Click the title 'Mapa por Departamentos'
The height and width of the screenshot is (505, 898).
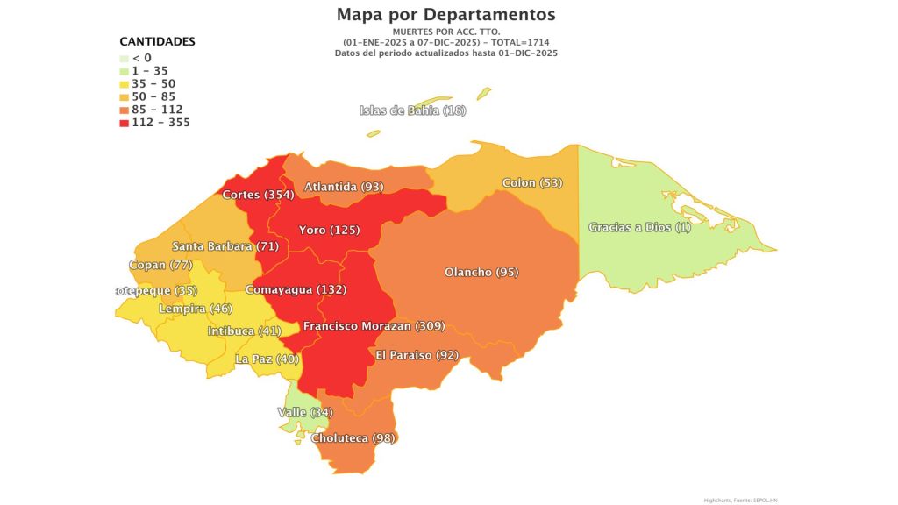(x=445, y=15)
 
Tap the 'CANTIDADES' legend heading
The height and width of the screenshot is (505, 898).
(x=157, y=42)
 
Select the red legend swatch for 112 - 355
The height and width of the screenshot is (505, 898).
(x=125, y=123)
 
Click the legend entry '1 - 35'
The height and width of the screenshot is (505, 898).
(x=150, y=71)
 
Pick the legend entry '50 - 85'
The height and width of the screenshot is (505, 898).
(x=153, y=96)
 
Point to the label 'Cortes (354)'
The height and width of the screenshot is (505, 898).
(x=258, y=195)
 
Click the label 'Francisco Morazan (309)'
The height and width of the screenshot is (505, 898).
(x=374, y=326)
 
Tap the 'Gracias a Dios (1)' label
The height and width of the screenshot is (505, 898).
(x=639, y=227)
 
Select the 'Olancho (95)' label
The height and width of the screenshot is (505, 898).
(x=481, y=272)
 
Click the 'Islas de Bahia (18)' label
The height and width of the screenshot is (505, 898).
(x=413, y=110)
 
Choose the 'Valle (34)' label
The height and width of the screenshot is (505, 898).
(x=305, y=412)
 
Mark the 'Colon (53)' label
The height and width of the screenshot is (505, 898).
(x=532, y=183)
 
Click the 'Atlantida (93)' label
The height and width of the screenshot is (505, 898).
(x=344, y=187)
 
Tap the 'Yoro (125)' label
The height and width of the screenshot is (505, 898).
(x=329, y=231)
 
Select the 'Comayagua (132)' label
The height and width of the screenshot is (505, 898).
(x=296, y=289)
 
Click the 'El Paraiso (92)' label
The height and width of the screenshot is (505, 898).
(x=417, y=355)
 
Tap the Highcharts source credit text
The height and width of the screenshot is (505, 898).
(x=740, y=500)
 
